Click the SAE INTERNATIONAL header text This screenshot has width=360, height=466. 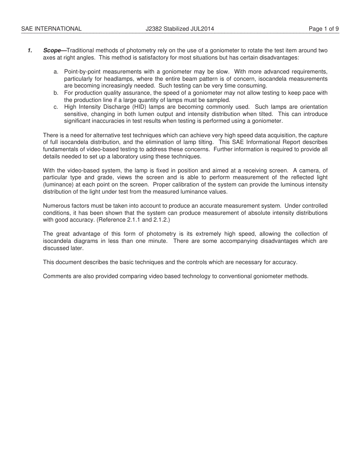click(x=51, y=29)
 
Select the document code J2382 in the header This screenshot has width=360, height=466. click(x=154, y=29)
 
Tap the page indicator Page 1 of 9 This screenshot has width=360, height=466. click(x=324, y=29)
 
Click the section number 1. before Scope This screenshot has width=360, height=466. click(x=30, y=50)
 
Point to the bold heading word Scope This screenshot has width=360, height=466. click(x=52, y=50)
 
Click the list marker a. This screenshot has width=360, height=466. click(x=56, y=72)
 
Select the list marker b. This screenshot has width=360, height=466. click(x=56, y=93)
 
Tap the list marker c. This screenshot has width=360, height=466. click(x=56, y=107)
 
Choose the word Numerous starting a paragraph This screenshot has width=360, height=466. click(x=55, y=206)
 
